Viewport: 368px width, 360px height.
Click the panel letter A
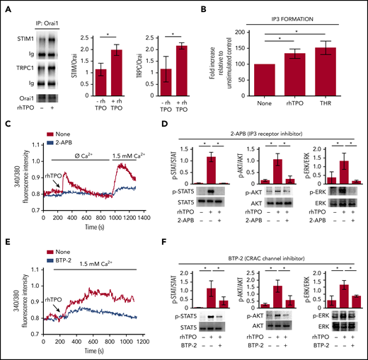pos(8,9)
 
